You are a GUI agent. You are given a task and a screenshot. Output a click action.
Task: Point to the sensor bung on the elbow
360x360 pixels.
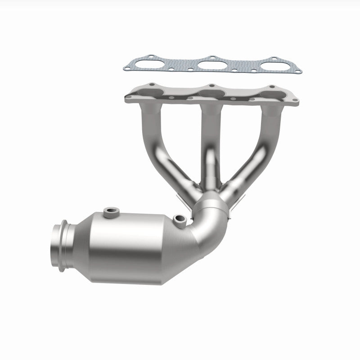[x=181, y=219]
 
